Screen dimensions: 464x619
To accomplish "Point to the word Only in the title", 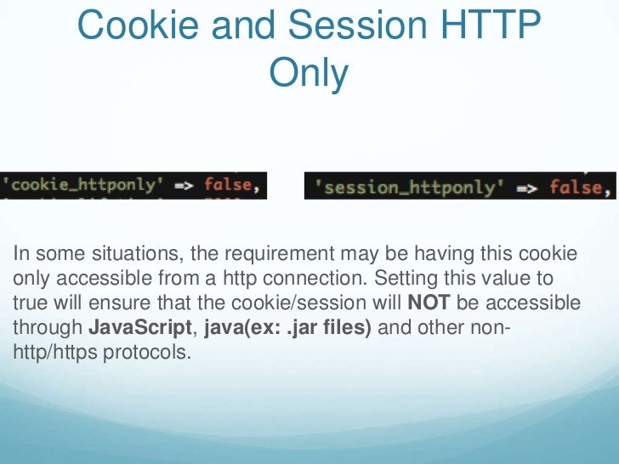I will (x=309, y=74).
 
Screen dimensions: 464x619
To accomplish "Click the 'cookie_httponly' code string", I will (x=82, y=184).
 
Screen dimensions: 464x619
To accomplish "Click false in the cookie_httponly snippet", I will (x=228, y=184).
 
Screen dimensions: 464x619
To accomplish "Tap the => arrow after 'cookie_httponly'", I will (x=184, y=185).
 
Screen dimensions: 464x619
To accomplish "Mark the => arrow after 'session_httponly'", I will (x=527, y=187).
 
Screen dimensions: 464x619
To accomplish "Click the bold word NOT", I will (x=429, y=303).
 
